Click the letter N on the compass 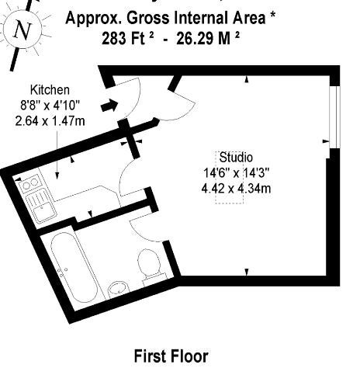point(22,30)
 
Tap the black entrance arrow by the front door point(109,106)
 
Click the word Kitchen point(50,90)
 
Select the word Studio point(236,158)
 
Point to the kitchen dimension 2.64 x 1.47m point(50,121)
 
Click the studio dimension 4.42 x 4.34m point(236,189)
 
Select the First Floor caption point(171,356)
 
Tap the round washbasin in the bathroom point(118,290)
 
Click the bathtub point(74,268)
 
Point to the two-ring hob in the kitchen point(30,183)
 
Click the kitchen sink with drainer point(41,206)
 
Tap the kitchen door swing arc point(123,174)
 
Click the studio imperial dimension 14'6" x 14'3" point(237,173)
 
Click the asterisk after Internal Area point(272,16)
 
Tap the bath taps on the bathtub point(63,272)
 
